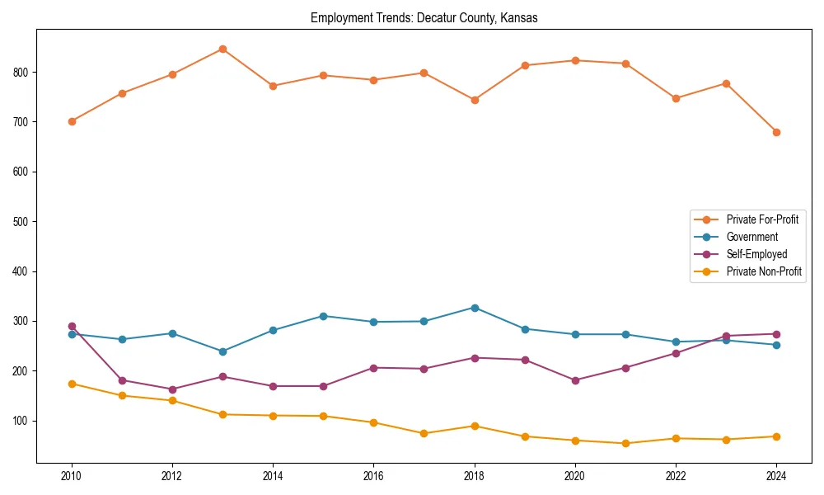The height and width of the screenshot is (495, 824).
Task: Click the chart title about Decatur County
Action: (x=424, y=17)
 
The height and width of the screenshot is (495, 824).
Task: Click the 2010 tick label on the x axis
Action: (x=72, y=476)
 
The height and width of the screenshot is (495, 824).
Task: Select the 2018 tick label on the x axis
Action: (x=475, y=476)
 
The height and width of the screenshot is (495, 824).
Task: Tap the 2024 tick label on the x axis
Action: (x=776, y=476)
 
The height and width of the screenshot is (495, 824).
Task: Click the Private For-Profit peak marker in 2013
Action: (x=222, y=49)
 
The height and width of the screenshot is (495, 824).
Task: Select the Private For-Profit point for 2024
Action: (x=776, y=132)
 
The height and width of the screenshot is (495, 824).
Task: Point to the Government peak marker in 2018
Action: (x=475, y=308)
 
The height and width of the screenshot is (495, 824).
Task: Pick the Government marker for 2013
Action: (x=222, y=351)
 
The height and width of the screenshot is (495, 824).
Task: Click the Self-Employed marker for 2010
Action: (x=72, y=326)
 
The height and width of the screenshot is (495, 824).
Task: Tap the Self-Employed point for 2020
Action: (x=575, y=380)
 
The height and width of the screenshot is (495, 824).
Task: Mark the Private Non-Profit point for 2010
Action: (x=72, y=384)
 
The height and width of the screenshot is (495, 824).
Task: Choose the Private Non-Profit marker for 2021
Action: (x=625, y=443)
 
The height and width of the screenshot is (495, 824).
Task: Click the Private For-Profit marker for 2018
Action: (x=475, y=100)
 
